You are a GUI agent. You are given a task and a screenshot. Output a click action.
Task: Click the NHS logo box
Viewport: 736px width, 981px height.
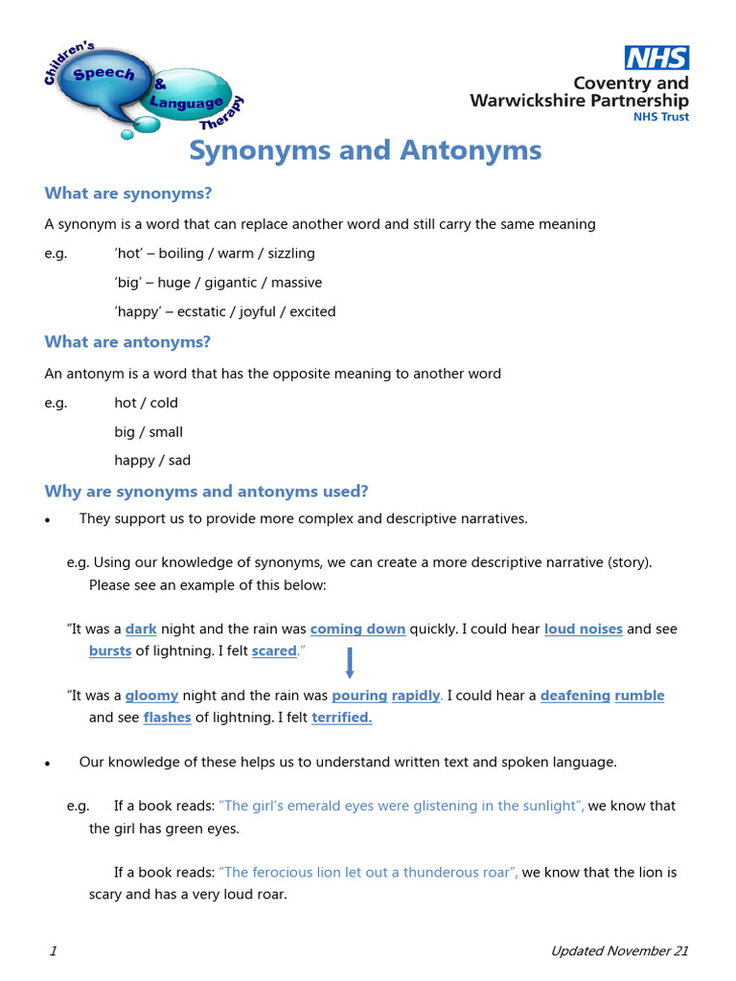656,58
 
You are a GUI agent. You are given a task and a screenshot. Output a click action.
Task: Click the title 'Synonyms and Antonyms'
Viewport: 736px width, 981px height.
365,150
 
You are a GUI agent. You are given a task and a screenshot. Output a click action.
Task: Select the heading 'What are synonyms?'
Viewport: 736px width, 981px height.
128,194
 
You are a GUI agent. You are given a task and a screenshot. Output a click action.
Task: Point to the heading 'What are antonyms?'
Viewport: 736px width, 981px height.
127,342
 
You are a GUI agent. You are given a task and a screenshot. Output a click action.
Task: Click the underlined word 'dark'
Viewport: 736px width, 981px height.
141,629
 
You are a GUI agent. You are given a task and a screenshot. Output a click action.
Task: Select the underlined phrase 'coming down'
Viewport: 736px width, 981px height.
357,629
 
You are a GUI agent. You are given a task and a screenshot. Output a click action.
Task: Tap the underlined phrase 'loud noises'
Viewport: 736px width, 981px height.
584,629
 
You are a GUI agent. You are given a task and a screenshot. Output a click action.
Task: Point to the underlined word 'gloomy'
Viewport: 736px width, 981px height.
151,696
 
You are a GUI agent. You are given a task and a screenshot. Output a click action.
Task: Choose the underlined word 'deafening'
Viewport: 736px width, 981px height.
575,696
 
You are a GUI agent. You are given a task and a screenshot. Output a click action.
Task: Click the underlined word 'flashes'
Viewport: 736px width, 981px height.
167,717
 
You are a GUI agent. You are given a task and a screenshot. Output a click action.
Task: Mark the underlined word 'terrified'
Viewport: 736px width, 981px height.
342,717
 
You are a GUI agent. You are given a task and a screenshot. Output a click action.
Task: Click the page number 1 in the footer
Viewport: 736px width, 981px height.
53,951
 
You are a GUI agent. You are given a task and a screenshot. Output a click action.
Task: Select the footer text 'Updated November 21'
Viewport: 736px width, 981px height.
619,951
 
